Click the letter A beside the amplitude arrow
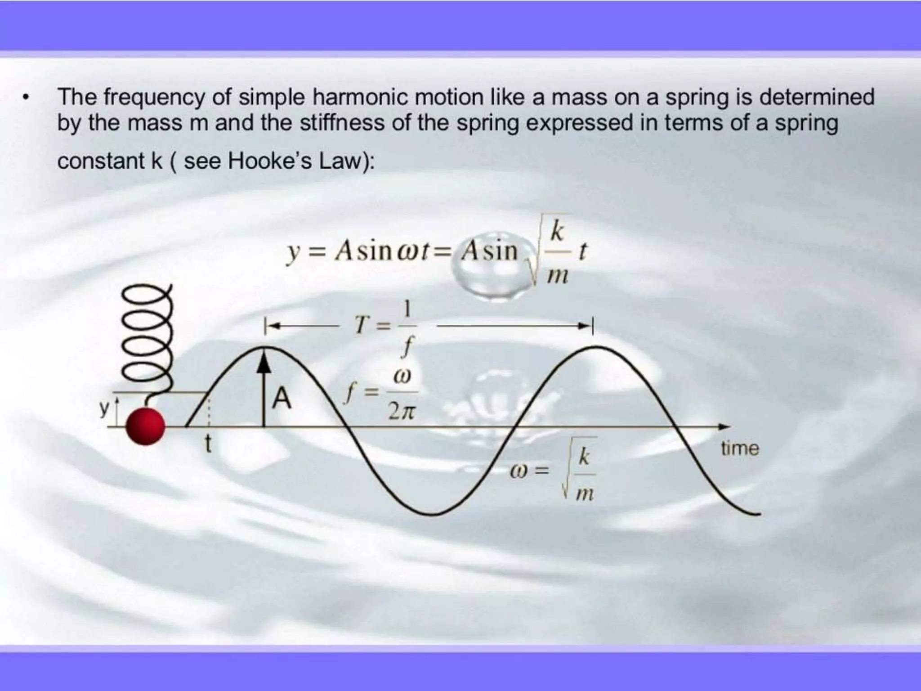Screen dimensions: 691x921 (282, 399)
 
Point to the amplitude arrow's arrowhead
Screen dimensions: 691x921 (264, 362)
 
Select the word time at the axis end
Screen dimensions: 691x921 (740, 449)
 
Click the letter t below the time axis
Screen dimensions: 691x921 (208, 444)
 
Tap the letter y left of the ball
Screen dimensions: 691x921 (104, 408)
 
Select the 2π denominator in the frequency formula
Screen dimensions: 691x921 (400, 412)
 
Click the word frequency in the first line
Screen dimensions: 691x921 (154, 98)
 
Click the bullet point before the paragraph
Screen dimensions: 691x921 (27, 98)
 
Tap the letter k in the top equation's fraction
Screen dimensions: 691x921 (557, 232)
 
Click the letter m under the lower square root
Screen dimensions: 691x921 (584, 494)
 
